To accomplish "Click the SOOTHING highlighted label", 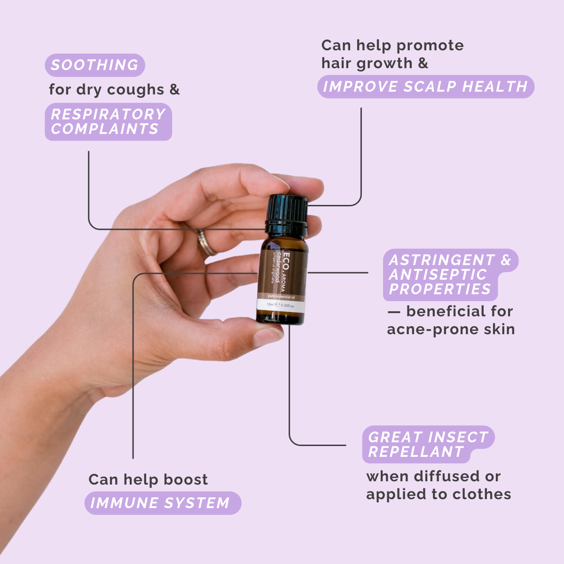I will point(94,65).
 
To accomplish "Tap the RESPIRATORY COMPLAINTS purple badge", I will point(108,122).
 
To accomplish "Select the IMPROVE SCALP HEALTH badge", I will point(425,86).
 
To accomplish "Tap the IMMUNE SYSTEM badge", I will point(162,503).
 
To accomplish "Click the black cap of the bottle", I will point(287,214).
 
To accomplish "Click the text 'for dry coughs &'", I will point(114,89).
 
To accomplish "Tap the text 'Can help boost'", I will point(148,479).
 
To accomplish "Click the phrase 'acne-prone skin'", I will point(450,329).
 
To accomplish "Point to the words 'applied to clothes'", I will point(438,494).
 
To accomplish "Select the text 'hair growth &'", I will point(375,63).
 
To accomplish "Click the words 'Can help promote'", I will point(392,46).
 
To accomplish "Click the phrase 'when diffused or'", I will point(433,476).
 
